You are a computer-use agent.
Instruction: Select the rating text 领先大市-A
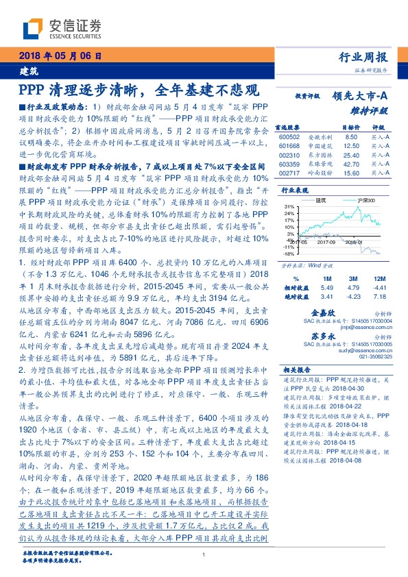[361, 97]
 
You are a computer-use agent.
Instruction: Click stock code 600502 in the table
[291, 137]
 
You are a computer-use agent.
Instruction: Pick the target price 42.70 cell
[352, 165]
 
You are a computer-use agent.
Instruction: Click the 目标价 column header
[351, 127]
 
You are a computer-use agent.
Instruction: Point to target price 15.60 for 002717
[352, 175]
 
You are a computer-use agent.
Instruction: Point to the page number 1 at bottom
[204, 554]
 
